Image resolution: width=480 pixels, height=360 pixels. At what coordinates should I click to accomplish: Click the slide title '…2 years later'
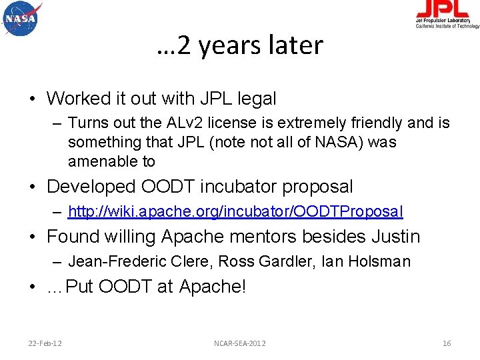(x=240, y=45)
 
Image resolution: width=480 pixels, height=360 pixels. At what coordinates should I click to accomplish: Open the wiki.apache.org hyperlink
(x=235, y=212)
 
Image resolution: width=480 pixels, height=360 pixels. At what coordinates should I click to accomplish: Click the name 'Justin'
(x=397, y=237)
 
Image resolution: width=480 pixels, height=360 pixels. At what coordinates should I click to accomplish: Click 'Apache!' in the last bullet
(x=213, y=287)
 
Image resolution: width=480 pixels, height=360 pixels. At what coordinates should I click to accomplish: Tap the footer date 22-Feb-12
(x=45, y=343)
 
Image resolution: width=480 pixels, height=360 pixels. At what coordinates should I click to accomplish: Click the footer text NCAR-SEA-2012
(x=239, y=343)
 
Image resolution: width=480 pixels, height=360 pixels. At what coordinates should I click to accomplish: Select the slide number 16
(x=447, y=343)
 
